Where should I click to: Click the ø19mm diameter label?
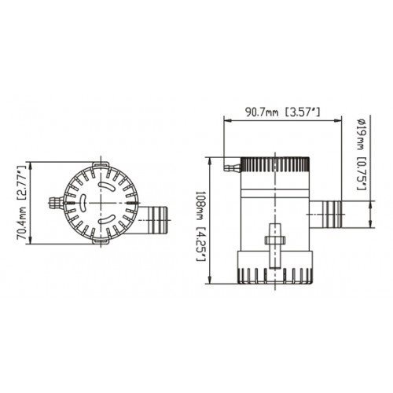[x=358, y=137]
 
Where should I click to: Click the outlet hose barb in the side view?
[x=329, y=210]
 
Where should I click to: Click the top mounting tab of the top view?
[x=101, y=165]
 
